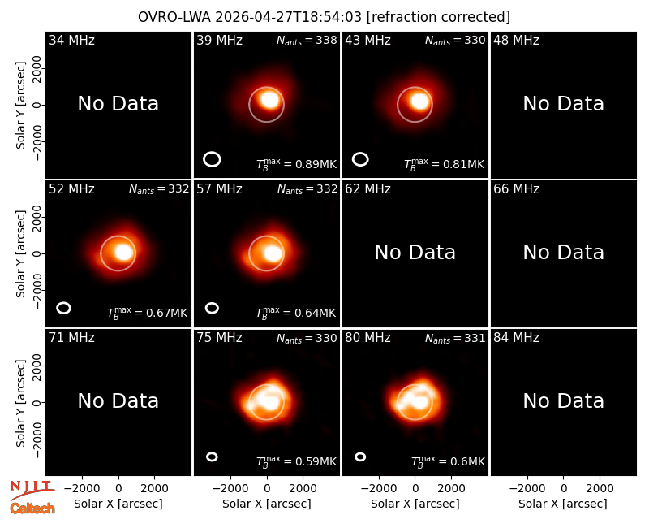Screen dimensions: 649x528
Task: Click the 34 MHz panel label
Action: coord(71,40)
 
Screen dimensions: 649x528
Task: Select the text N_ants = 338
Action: coord(307,40)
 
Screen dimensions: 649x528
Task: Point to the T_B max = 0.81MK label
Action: coord(444,164)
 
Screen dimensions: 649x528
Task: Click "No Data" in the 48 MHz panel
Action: coord(563,103)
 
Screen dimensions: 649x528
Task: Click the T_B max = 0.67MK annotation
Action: coord(148,313)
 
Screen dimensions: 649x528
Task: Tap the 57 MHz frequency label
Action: coord(219,189)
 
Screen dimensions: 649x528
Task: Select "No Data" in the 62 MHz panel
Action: coord(415,252)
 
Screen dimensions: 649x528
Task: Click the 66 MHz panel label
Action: coord(516,189)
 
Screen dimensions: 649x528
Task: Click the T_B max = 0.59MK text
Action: coord(296,461)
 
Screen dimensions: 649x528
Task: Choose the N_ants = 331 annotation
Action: coord(455,338)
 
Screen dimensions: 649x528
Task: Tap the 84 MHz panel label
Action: coord(516,338)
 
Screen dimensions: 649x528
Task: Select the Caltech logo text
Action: coord(32,509)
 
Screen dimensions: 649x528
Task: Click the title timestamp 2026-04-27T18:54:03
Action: coord(289,17)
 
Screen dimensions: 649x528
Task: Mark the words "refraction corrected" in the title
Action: coord(438,17)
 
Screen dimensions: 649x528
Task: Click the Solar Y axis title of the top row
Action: coord(21,106)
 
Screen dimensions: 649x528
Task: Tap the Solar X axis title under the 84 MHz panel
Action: coord(563,504)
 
